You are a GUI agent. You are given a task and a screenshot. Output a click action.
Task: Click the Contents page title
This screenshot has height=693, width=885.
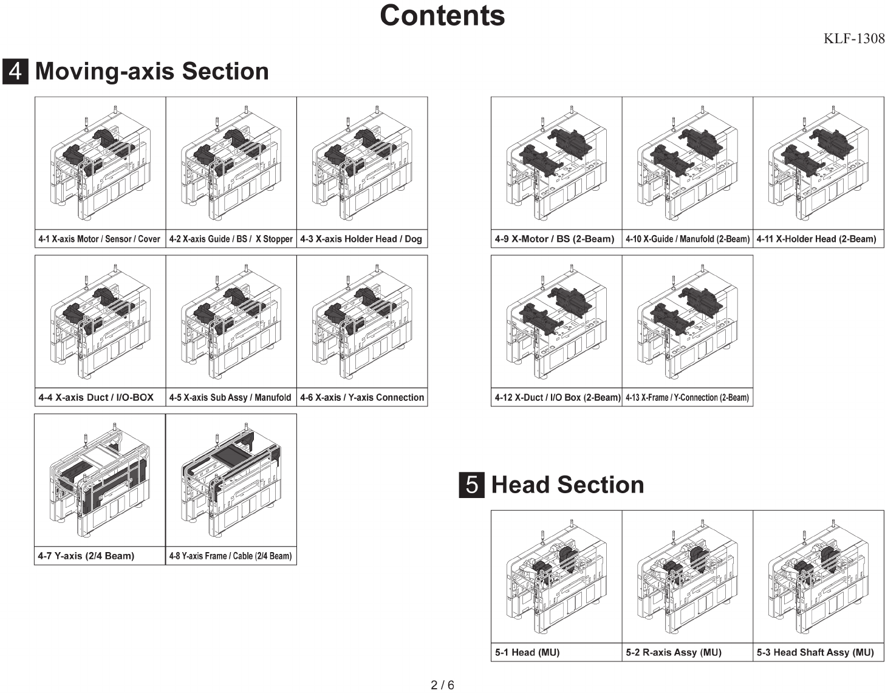click(442, 16)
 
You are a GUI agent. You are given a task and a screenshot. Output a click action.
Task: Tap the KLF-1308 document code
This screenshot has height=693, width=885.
click(853, 39)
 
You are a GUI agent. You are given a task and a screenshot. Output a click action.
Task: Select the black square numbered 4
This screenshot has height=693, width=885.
click(15, 71)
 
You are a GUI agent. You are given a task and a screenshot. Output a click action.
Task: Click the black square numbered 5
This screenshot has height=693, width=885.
click(471, 485)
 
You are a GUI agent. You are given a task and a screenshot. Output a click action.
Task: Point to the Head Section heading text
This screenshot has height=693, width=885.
click(567, 485)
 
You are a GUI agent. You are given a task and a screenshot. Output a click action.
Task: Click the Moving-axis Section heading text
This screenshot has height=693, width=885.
click(152, 71)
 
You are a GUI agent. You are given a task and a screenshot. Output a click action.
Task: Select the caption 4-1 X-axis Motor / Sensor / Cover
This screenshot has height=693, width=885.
click(99, 239)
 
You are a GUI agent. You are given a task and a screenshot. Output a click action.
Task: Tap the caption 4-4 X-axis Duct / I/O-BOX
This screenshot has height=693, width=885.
click(96, 397)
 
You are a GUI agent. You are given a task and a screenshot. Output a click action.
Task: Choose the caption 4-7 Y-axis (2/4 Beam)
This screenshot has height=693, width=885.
click(86, 556)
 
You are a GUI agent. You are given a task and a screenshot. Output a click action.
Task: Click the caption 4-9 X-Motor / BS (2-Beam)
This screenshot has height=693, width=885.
click(555, 239)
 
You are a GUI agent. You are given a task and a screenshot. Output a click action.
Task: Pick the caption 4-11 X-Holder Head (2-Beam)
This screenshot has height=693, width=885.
click(816, 239)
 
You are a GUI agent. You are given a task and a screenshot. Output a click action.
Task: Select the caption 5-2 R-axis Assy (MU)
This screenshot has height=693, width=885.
click(674, 652)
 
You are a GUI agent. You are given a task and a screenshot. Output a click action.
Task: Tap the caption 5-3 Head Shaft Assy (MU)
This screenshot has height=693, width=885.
click(815, 652)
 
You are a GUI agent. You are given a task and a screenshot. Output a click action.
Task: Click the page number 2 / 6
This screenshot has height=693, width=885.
click(442, 685)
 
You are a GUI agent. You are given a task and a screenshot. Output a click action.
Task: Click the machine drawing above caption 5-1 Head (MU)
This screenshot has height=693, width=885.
click(556, 577)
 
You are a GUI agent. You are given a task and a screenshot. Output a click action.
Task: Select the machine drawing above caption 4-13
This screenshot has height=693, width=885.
click(687, 322)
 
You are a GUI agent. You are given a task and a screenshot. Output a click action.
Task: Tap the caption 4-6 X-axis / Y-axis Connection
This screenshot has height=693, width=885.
click(362, 397)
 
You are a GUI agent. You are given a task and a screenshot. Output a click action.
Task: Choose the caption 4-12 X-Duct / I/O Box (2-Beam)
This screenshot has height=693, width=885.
click(557, 397)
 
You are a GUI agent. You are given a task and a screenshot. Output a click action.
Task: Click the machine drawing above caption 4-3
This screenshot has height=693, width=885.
click(362, 164)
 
